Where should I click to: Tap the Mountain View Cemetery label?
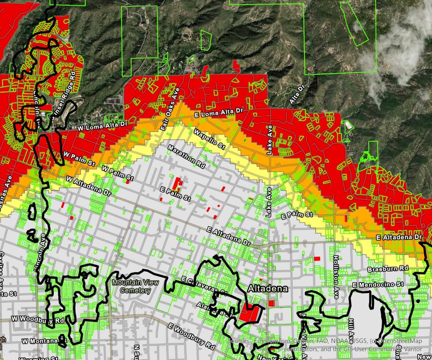point(132,286)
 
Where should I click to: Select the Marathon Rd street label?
point(186,156)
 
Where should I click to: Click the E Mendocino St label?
point(378,284)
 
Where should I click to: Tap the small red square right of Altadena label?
point(271,303)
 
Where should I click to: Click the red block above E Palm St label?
point(177,183)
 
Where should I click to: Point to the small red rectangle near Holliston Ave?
point(317,258)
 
